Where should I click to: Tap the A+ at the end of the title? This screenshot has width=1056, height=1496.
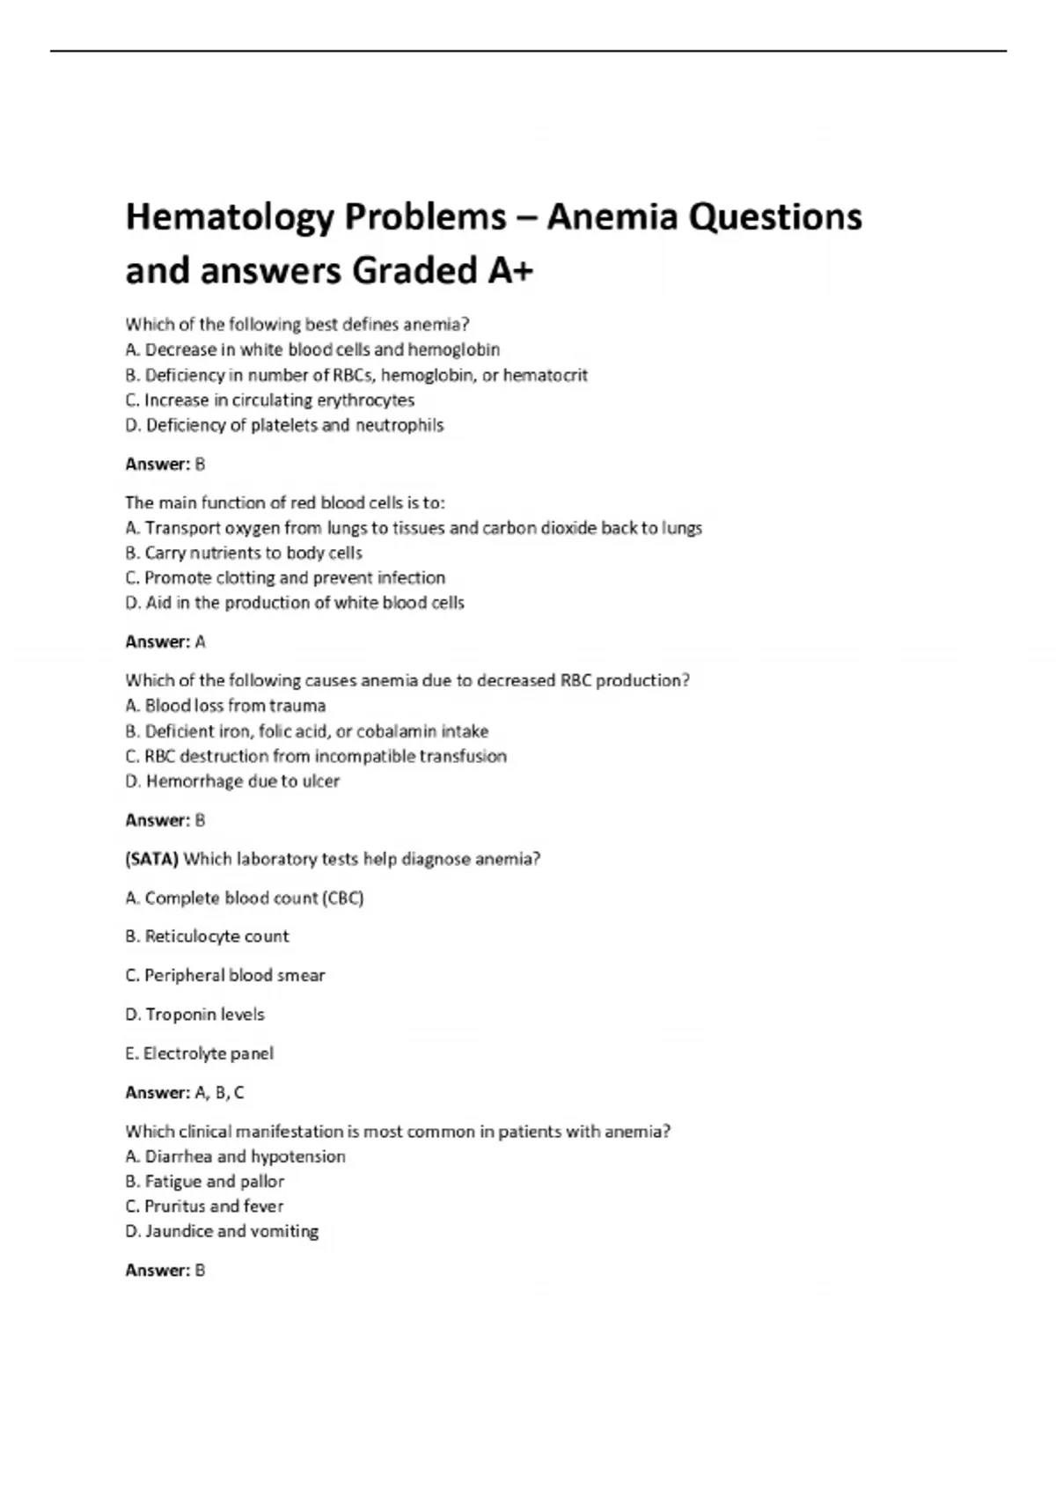click(x=510, y=271)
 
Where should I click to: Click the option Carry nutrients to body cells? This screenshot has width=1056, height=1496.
click(x=244, y=554)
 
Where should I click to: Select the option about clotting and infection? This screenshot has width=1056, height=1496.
click(x=285, y=578)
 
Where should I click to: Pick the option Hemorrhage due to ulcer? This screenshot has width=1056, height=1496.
click(x=232, y=781)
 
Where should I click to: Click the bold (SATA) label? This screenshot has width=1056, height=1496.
click(x=151, y=859)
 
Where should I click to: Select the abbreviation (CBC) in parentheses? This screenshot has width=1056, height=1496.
click(x=342, y=898)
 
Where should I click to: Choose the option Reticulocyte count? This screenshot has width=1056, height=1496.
click(x=207, y=936)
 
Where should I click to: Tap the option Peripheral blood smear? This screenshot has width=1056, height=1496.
click(x=225, y=976)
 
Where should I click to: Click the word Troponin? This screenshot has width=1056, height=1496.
click(x=179, y=1015)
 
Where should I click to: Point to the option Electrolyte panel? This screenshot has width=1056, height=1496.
click(x=199, y=1053)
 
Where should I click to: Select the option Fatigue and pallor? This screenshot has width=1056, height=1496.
click(x=205, y=1182)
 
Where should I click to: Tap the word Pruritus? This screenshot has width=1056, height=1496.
click(x=175, y=1206)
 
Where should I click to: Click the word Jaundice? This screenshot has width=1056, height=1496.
click(x=180, y=1232)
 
